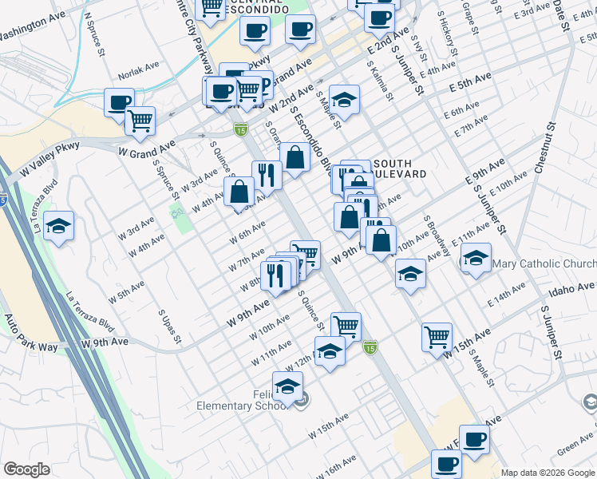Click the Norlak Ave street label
click(x=135, y=77)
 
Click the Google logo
click(x=26, y=469)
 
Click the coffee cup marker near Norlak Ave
click(x=119, y=101)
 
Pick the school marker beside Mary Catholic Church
click(x=476, y=258)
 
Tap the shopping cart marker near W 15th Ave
click(x=437, y=336)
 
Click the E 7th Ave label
click(x=470, y=126)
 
